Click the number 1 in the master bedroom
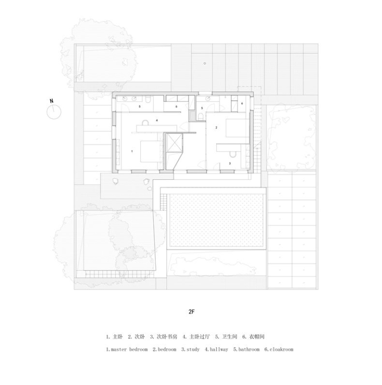(132, 151)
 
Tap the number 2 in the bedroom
(216, 127)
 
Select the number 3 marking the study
(230, 163)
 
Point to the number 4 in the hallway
(157, 120)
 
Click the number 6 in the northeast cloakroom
(242, 103)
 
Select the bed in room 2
(237, 128)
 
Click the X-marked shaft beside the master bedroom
(174, 143)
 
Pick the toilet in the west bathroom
(148, 99)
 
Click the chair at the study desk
(232, 154)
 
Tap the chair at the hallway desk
(145, 122)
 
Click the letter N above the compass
(52, 101)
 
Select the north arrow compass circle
(54, 112)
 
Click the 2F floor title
(192, 312)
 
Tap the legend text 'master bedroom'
(129, 349)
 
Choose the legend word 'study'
(193, 349)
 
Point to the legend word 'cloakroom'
(281, 349)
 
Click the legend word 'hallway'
(219, 349)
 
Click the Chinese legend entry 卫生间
(230, 337)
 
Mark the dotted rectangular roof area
(217, 220)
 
